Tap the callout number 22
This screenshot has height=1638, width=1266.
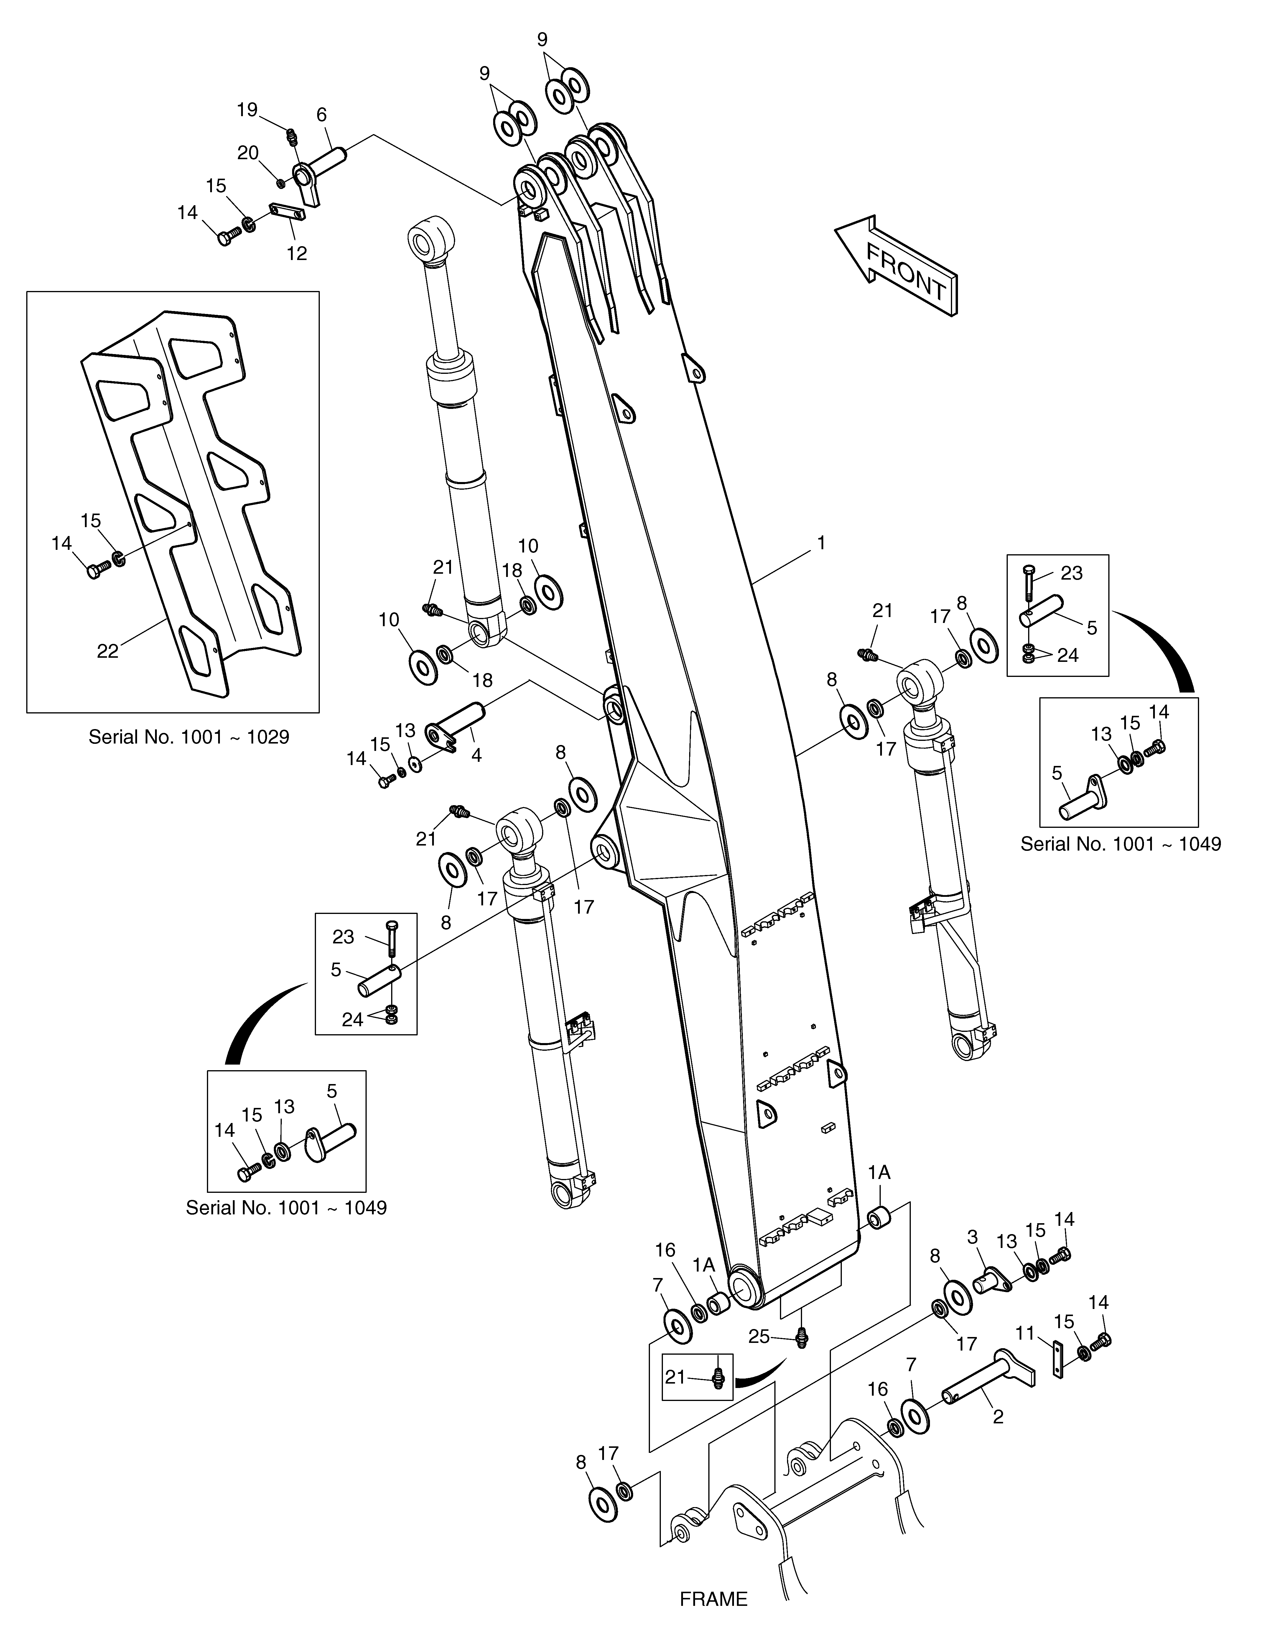(108, 651)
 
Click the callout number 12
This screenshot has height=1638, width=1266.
(297, 254)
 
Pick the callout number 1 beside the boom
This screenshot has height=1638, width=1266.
(821, 542)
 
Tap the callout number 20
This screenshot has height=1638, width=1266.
(248, 153)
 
